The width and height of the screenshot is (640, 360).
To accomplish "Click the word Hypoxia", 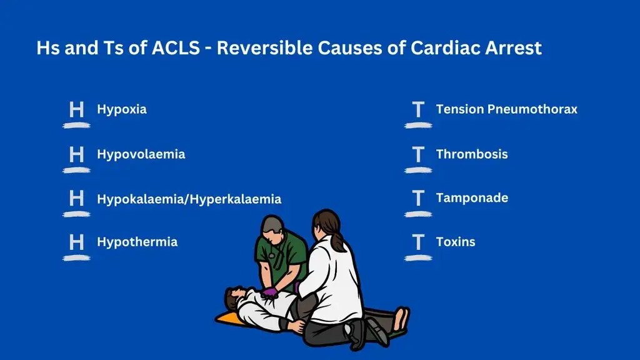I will pyautogui.click(x=122, y=109).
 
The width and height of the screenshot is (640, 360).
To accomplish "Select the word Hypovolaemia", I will pyautogui.click(x=141, y=154).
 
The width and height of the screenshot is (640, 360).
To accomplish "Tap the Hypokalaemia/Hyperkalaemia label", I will pyautogui.click(x=189, y=199).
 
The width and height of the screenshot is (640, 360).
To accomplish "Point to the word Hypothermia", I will pyautogui.click(x=137, y=242).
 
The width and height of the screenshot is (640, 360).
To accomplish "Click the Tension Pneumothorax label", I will pyautogui.click(x=506, y=109).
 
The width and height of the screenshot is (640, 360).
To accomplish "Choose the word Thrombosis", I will pyautogui.click(x=472, y=154).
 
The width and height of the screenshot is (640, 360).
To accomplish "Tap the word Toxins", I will pyautogui.click(x=456, y=242).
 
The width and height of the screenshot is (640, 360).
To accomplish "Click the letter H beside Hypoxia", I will pyautogui.click(x=76, y=110).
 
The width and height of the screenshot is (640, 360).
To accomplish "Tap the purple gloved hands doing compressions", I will pyautogui.click(x=270, y=292).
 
